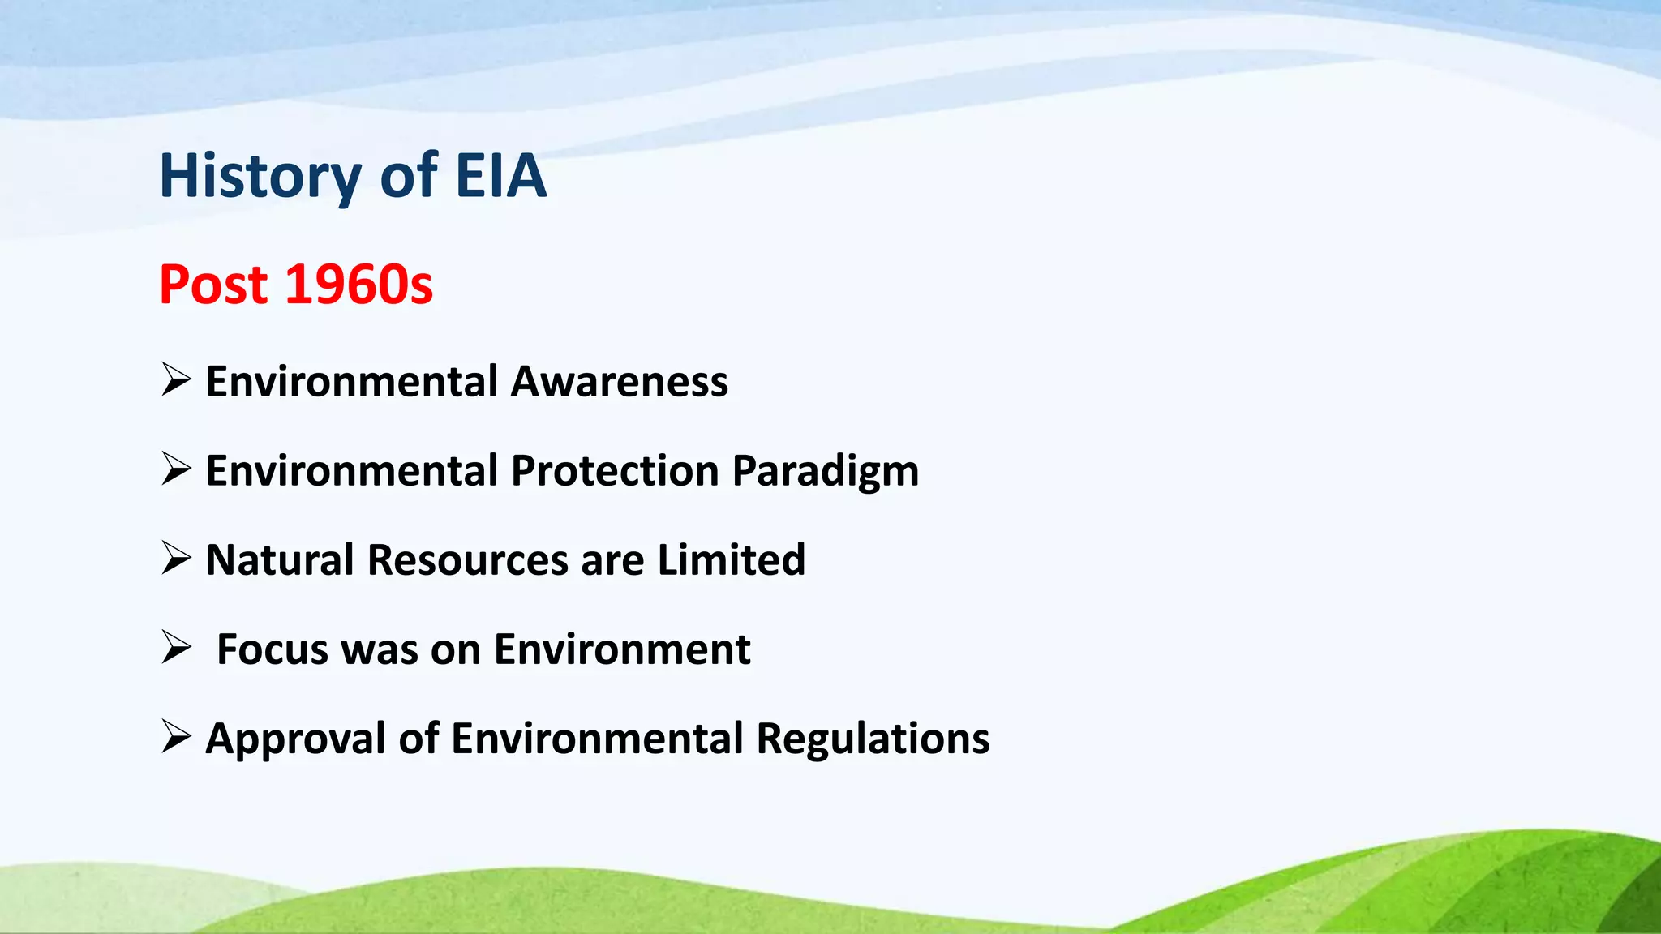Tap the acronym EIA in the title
[500, 176]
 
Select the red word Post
[213, 285]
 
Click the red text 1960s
[359, 285]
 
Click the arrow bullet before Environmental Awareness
[176, 379]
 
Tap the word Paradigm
[826, 472]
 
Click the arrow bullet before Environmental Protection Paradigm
[176, 468]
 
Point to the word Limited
[731, 559]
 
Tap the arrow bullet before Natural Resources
[176, 557]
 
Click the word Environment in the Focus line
[622, 649]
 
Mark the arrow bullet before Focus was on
[176, 646]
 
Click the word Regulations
[873, 739]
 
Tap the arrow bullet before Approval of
[176, 735]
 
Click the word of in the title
[408, 176]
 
